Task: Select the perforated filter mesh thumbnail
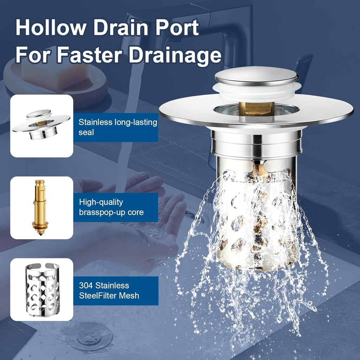[42, 290]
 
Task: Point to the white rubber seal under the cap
[257, 91]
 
